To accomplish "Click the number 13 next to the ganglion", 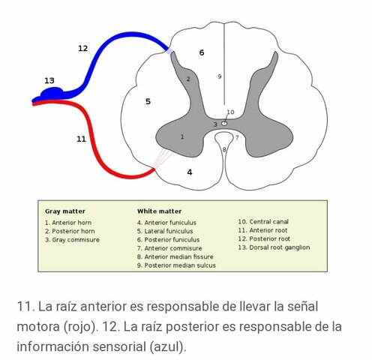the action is coord(49,80).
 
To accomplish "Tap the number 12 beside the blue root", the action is coord(83,48).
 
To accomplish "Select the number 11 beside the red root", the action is coord(81,139).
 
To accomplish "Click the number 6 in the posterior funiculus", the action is coord(202,52).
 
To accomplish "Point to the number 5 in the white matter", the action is coord(148,101).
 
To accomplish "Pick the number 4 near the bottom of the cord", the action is coord(190,172).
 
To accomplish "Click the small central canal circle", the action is coord(224,123).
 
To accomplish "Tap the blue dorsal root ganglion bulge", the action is coord(52,93).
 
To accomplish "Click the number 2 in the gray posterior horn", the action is coord(188,79).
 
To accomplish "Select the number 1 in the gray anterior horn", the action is coord(182,136).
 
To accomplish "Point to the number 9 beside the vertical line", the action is coord(220,76).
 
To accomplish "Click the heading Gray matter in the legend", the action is coord(65,211).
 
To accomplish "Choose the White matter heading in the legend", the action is coord(160,211).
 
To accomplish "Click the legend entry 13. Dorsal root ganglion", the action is coord(274,247).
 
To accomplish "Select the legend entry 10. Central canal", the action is coord(263,222).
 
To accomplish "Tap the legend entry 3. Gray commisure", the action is coord(72,240).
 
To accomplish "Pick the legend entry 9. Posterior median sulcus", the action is coord(176,265).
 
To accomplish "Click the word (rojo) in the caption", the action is coord(81,326).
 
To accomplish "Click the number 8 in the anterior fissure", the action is coord(224,149).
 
